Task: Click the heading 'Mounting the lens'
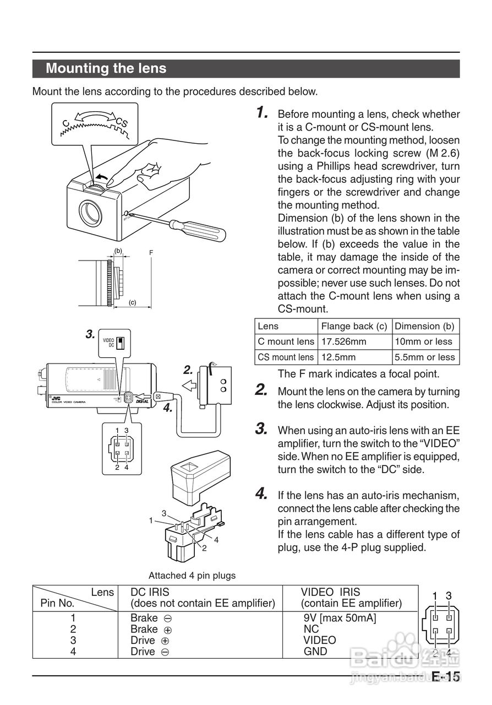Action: pyautogui.click(x=106, y=69)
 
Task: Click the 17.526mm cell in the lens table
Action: pyautogui.click(x=343, y=341)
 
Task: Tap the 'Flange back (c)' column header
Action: pyautogui.click(x=354, y=326)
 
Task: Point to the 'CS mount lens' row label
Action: pyautogui.click(x=286, y=357)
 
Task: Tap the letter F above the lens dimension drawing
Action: pyautogui.click(x=151, y=253)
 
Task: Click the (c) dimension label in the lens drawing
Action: pyautogui.click(x=132, y=302)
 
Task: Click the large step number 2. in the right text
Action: pyautogui.click(x=262, y=391)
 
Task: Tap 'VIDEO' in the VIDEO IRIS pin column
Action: pyautogui.click(x=319, y=640)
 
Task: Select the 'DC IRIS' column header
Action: pyautogui.click(x=150, y=592)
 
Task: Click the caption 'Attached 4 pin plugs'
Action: pyautogui.click(x=192, y=576)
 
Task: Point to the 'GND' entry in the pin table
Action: pyautogui.click(x=315, y=652)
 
